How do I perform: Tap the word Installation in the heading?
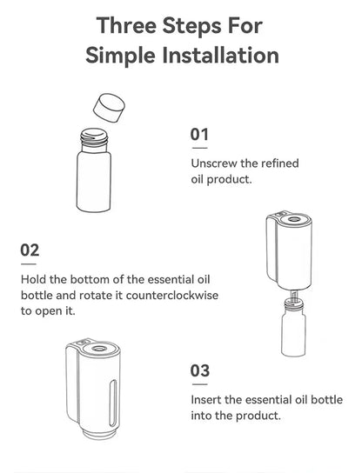pos(218,57)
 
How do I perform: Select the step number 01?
pos(200,135)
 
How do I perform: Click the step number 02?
pos(30,250)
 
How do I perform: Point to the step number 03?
pos(200,370)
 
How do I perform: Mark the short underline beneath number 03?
pos(200,383)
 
